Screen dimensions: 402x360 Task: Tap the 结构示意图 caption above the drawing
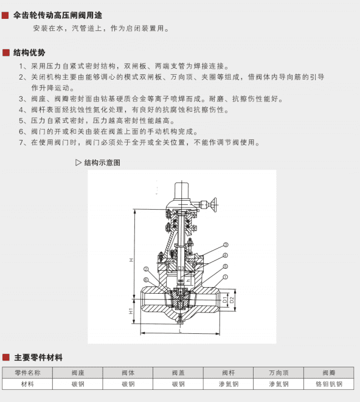[x=102, y=162]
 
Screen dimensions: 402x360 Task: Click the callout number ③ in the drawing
[x=225, y=244]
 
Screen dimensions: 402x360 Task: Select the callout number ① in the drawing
[x=225, y=276]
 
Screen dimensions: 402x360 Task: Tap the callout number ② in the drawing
[x=145, y=268]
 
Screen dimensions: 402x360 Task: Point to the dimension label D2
[x=232, y=300]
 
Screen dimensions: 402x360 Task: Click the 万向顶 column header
[x=279, y=373]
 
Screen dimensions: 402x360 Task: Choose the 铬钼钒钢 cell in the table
[x=328, y=384]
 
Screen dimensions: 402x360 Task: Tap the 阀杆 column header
[x=229, y=373]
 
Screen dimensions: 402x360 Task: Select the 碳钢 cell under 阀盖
[x=178, y=384]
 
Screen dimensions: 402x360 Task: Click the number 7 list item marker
[x=22, y=143]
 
